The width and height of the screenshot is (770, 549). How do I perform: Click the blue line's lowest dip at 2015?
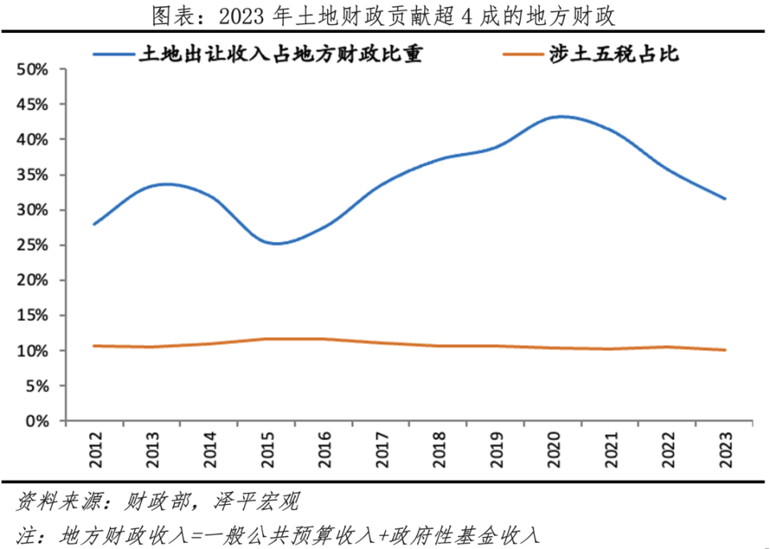(276, 244)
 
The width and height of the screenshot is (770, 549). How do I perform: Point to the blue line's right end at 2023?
(725, 199)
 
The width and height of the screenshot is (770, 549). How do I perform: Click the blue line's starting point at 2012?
(95, 224)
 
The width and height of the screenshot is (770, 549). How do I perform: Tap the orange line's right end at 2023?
(725, 349)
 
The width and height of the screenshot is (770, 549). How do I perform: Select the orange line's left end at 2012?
(95, 345)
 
